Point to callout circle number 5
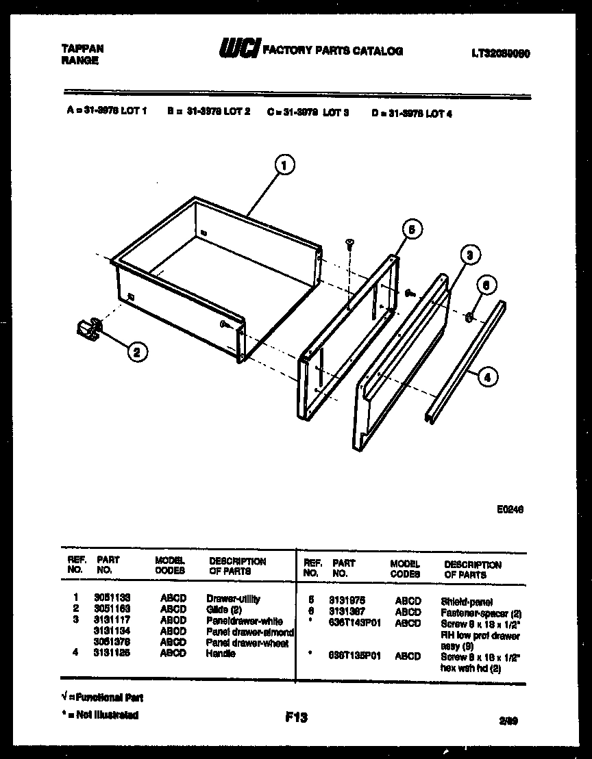[x=410, y=229]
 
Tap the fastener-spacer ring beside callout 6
[x=469, y=317]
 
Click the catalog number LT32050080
[x=500, y=52]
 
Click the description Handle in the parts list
[x=221, y=654]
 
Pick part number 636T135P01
[x=354, y=656]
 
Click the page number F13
[x=296, y=717]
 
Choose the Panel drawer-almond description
[x=250, y=632]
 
